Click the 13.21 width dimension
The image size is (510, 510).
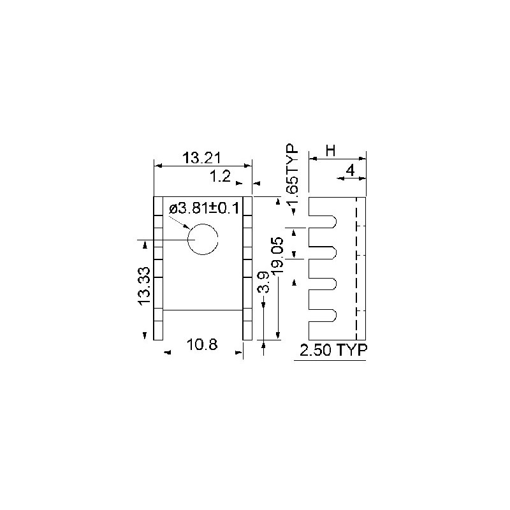tap(201, 158)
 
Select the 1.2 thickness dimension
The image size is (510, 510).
tap(220, 177)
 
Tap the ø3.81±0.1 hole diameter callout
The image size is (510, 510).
tap(204, 208)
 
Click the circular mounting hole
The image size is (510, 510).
tap(217, 240)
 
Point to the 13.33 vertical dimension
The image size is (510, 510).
tap(144, 286)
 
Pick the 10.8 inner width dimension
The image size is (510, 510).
tap(201, 344)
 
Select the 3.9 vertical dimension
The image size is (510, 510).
tap(263, 282)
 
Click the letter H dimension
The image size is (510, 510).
tap(330, 151)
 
